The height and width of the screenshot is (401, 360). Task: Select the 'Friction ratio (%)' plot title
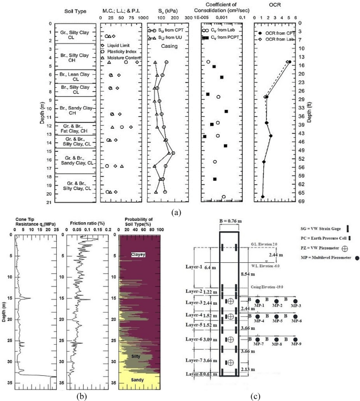click(x=89, y=222)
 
